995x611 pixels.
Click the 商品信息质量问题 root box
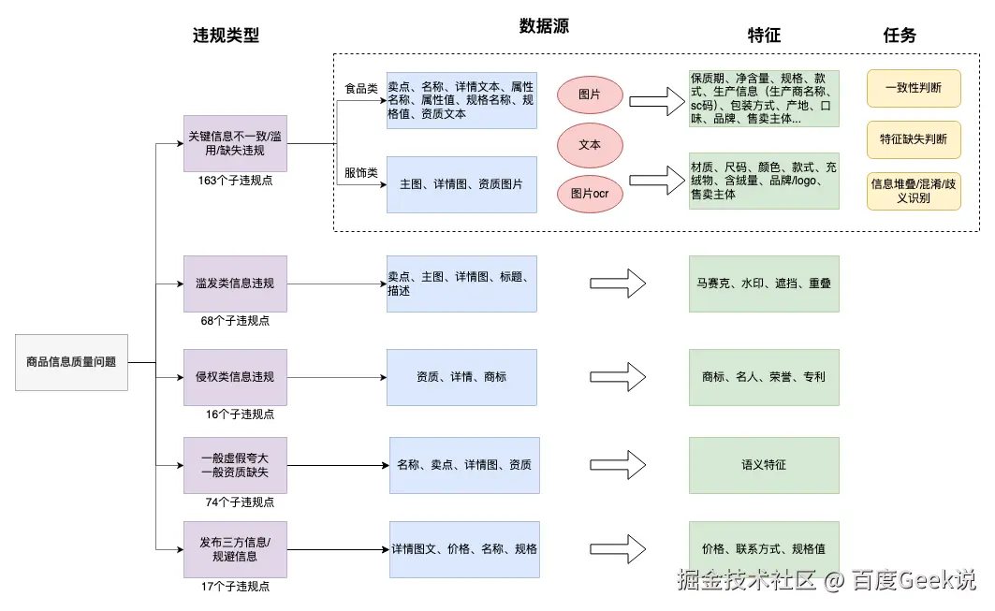click(71, 361)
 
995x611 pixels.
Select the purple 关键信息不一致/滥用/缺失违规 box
click(235, 143)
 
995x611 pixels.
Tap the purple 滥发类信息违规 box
click(235, 284)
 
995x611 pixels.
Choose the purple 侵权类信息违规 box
click(235, 377)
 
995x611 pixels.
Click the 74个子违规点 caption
click(240, 502)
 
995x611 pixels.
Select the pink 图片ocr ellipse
click(590, 194)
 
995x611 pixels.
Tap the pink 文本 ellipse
click(590, 145)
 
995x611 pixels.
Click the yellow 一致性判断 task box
click(913, 88)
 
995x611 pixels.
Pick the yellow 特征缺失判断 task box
click(913, 139)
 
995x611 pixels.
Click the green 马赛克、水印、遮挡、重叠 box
click(764, 283)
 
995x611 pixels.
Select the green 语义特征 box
click(764, 465)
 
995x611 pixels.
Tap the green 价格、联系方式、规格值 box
click(764, 549)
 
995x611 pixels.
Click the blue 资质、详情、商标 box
click(461, 377)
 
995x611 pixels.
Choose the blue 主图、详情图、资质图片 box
click(461, 184)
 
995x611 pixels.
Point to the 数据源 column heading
click(544, 27)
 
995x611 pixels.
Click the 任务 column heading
click(900, 36)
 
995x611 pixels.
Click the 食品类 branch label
click(361, 89)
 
